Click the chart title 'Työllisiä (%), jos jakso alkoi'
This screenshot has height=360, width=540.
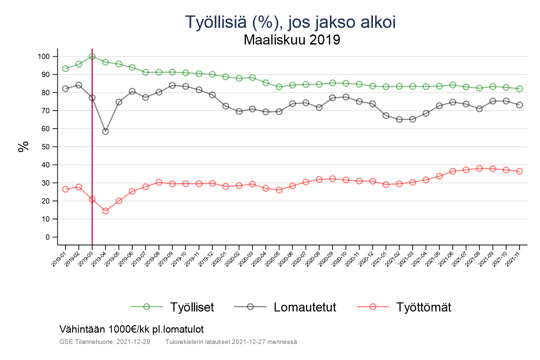point(290,22)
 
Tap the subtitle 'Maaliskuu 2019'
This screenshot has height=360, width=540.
point(292,40)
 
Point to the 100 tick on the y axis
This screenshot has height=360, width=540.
point(44,56)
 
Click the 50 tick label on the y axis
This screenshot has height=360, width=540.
point(45,147)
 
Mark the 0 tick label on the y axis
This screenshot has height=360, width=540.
point(47,237)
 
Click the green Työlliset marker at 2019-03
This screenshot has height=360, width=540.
point(92,56)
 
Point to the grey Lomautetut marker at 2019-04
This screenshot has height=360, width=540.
point(105,132)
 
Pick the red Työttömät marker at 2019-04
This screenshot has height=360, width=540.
point(105,211)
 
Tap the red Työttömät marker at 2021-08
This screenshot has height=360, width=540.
point(479,168)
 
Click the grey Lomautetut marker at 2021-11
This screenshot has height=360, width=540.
point(519,105)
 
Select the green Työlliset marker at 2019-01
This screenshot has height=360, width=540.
point(65,68)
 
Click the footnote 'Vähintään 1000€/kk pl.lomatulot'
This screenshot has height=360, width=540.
point(132,329)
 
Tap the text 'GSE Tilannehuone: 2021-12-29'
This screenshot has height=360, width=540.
point(105,342)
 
